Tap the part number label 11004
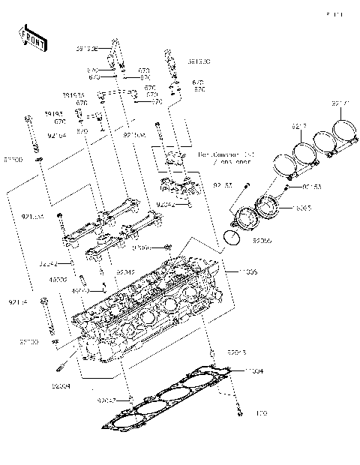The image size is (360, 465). coord(254,371)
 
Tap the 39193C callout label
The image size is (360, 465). coord(198,61)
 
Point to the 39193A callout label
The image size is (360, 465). coord(73,95)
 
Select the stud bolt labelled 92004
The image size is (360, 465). coord(61,368)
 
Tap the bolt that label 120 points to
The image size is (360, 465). coord(238,409)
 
